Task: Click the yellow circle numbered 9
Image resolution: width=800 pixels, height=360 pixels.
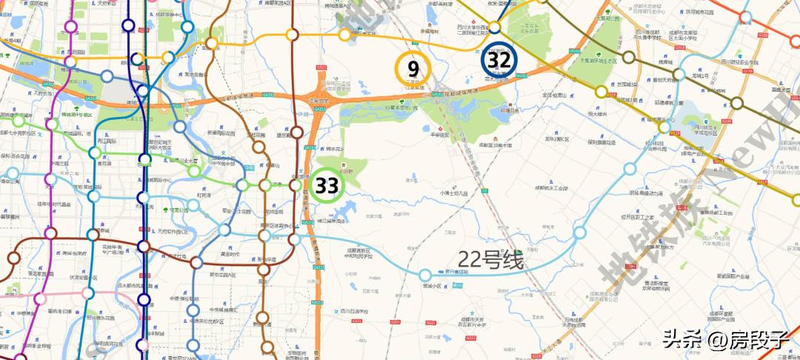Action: click(x=413, y=69)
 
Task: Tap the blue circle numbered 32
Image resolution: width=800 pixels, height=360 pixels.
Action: click(x=499, y=60)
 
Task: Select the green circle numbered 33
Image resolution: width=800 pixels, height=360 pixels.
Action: click(x=326, y=185)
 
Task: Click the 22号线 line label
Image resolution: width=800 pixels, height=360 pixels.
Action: click(x=490, y=260)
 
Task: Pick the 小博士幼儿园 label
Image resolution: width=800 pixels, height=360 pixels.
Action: click(x=454, y=193)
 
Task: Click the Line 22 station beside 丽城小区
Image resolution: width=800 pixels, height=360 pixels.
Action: click(x=425, y=276)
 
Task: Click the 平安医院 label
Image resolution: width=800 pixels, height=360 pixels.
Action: click(x=441, y=136)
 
